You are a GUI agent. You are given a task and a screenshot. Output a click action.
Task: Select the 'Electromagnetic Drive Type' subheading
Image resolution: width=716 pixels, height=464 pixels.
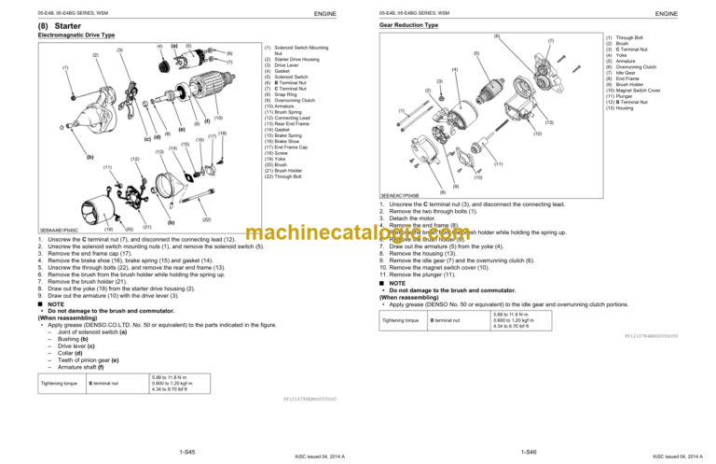click(62, 36)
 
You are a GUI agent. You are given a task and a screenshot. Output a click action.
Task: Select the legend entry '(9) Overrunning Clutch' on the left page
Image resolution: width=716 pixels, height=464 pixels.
click(297, 99)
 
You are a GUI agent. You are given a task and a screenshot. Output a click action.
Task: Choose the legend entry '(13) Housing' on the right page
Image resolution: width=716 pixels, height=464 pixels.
click(624, 107)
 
